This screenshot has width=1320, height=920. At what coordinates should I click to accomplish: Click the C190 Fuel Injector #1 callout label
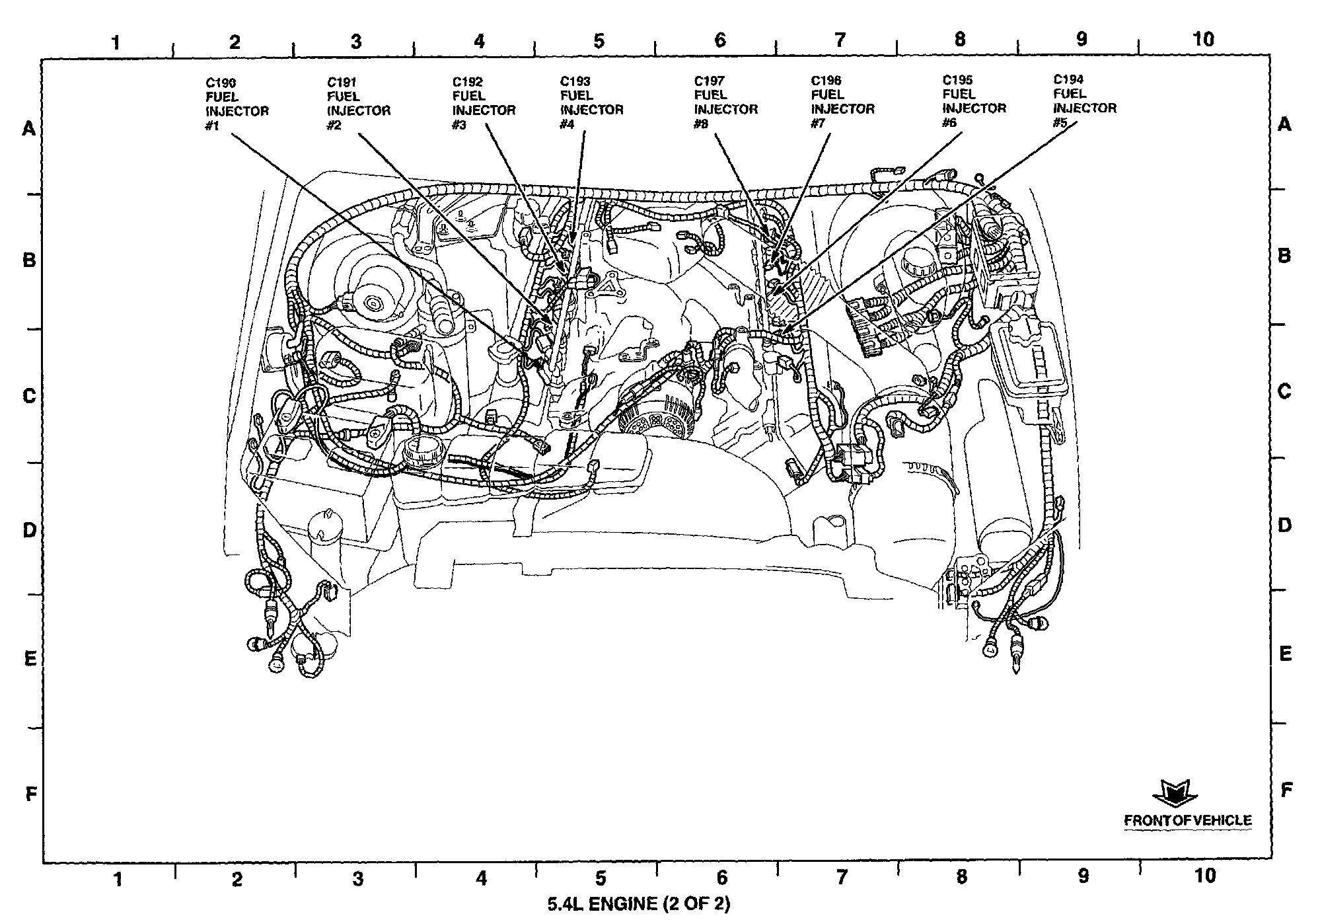tap(237, 104)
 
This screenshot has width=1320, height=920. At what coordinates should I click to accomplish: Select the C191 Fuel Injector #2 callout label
tap(359, 104)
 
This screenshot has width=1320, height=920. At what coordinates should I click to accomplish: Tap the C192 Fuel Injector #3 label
tap(484, 103)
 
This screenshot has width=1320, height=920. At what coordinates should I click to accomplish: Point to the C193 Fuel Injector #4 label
tap(592, 102)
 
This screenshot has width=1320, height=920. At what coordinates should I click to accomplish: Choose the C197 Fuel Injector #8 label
tap(726, 102)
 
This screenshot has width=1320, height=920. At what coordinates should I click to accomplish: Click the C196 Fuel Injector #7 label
tap(843, 102)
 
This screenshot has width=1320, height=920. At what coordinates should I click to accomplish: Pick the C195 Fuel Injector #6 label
tap(974, 101)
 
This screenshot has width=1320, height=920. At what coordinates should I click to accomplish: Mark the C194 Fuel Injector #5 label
tap(1085, 100)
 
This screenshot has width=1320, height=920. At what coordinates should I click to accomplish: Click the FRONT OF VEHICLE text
tap(1188, 820)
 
